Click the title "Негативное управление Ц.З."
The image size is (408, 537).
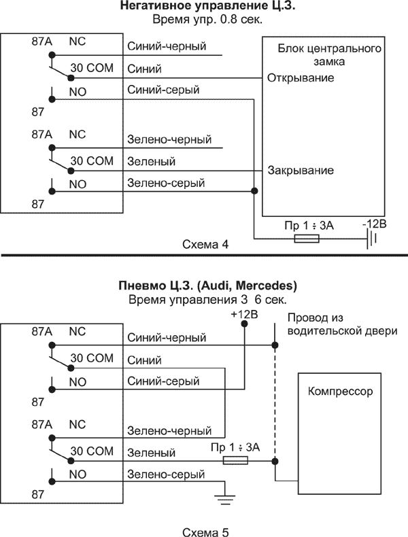point(204,7)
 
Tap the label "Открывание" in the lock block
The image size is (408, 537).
point(300,77)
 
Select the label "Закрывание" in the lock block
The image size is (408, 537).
point(300,170)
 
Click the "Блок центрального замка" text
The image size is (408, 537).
point(329,55)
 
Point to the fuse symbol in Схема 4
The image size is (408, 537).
point(307,239)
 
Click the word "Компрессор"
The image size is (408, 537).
point(341,392)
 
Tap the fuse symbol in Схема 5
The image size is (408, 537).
point(235,460)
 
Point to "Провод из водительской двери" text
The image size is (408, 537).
point(323,325)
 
